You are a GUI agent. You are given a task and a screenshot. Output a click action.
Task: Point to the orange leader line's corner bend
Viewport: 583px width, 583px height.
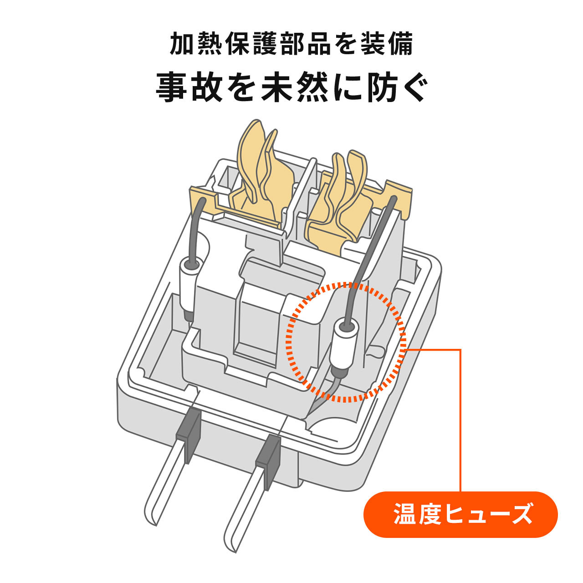(x=460, y=350)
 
